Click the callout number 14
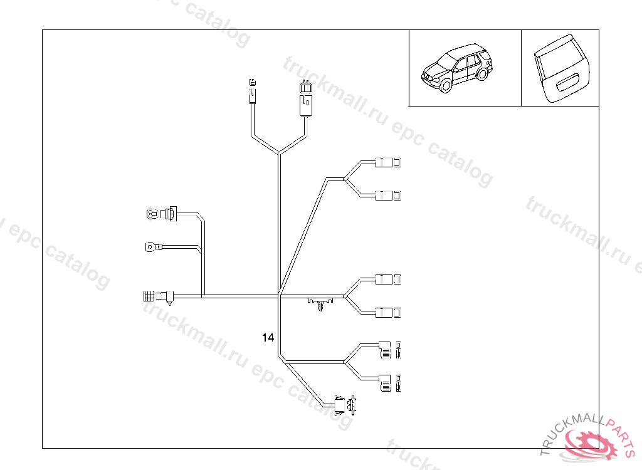(268, 338)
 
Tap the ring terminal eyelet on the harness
(150, 246)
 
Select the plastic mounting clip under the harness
(322, 305)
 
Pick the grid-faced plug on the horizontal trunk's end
(149, 295)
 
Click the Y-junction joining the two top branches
(278, 152)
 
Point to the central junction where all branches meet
(278, 296)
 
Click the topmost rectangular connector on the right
(387, 163)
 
